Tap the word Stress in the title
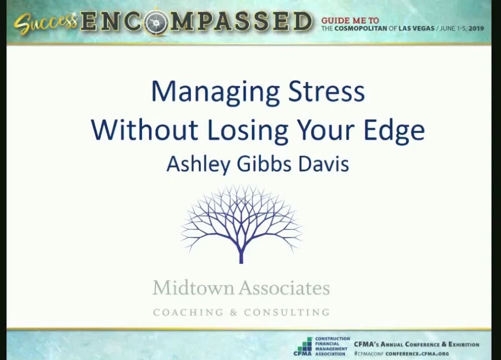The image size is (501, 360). tap(326, 91)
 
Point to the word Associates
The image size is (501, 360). tap(284, 287)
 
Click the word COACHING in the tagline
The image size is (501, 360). tap(188, 312)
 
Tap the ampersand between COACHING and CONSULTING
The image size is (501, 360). tap(234, 312)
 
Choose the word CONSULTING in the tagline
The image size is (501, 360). tap(287, 312)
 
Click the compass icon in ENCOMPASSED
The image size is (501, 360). tap(156, 22)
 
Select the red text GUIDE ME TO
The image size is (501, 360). tap(350, 21)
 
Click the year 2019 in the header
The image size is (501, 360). tap(476, 28)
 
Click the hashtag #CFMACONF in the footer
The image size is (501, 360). tap(369, 354)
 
